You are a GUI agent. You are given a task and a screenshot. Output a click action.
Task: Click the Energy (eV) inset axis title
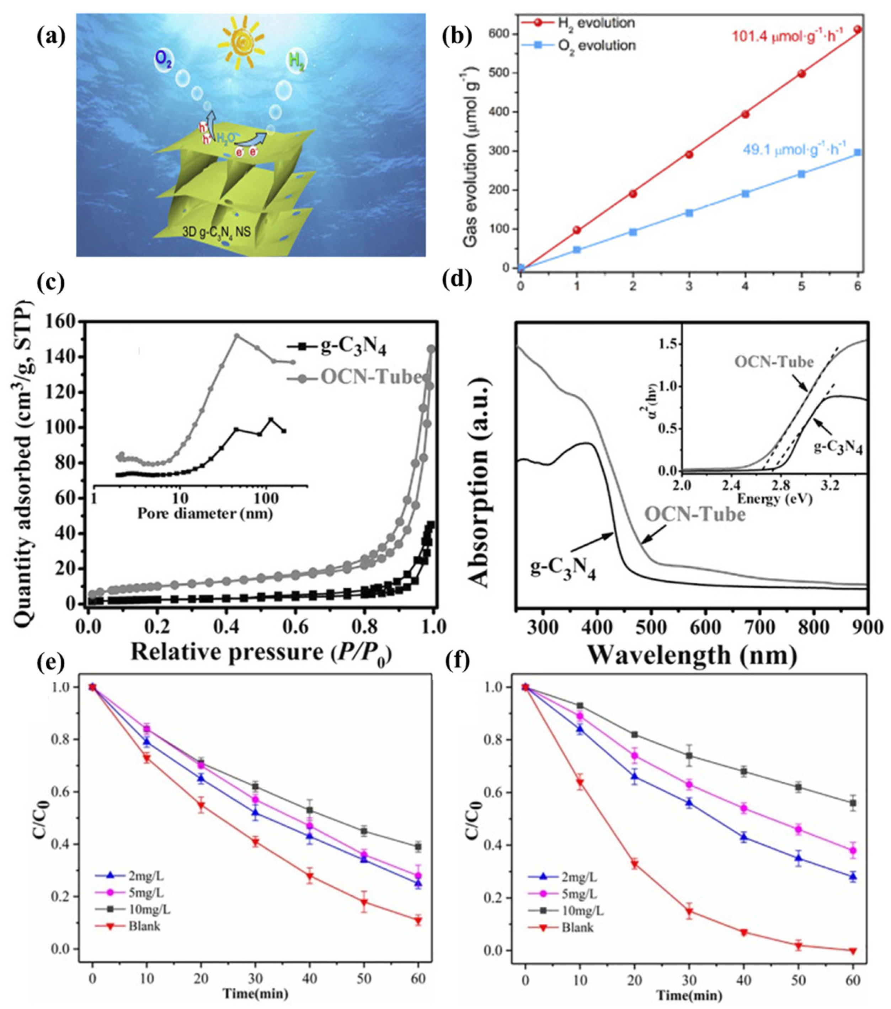tap(774, 498)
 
